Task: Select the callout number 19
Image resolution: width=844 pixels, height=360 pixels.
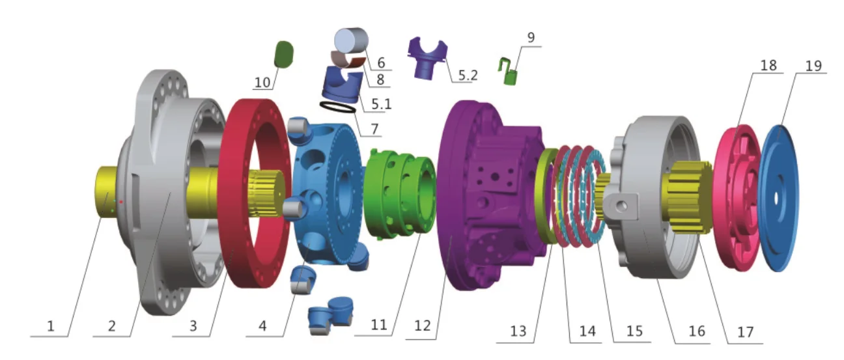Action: [x=813, y=66]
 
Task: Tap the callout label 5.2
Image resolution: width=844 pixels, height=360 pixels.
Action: [x=467, y=75]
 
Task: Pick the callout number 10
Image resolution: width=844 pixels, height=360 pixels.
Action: [x=262, y=82]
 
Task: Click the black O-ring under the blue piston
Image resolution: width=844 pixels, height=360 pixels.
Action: [x=337, y=106]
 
